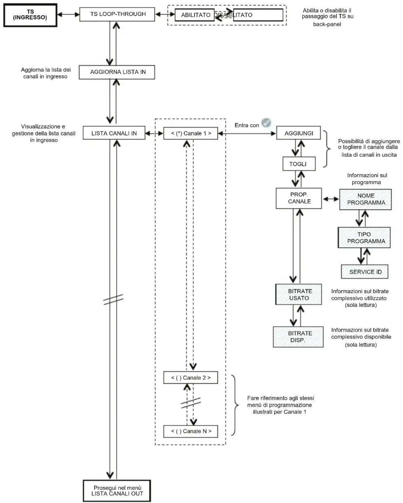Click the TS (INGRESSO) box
30,15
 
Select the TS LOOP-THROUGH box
117,14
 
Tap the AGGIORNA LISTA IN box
117,72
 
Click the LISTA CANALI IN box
114,133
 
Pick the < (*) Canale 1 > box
190,133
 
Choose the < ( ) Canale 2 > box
190,377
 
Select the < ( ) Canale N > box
190,431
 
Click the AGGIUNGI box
298,133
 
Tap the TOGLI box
299,164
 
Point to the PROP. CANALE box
299,198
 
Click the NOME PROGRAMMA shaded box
365,199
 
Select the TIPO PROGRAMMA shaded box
364,238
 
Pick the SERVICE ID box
365,272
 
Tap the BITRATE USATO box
299,294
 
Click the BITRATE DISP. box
298,337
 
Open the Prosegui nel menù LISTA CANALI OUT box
117,491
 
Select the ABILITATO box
194,15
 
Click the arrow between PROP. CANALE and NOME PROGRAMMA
331,199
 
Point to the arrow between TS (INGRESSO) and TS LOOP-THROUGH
68,14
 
